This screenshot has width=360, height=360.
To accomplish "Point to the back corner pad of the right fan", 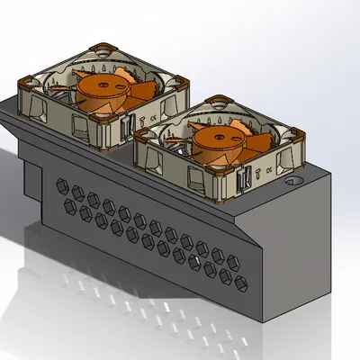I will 219,98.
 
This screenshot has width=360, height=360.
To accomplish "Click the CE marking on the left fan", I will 156,114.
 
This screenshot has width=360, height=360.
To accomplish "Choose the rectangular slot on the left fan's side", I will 131,125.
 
